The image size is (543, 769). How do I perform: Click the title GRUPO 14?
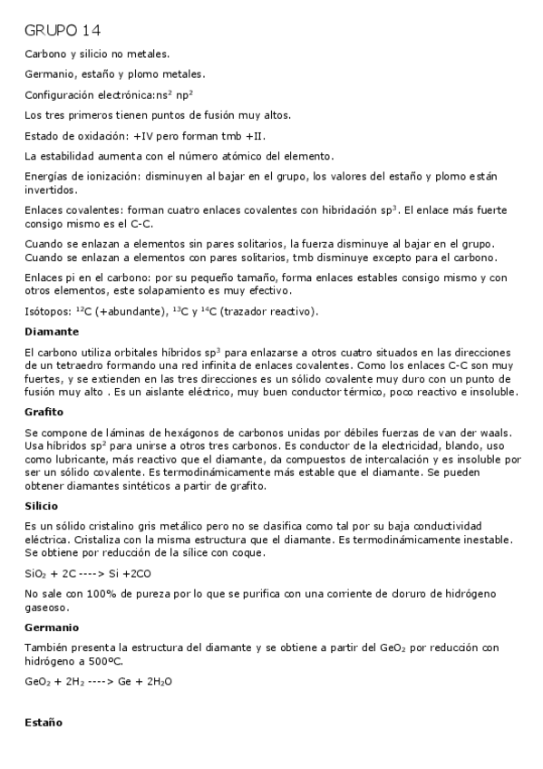click(x=63, y=31)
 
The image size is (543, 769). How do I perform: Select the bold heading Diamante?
click(x=52, y=331)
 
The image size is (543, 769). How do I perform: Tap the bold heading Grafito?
click(x=44, y=412)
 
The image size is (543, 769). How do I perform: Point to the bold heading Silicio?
click(x=42, y=505)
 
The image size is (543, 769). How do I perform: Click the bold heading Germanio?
click(x=52, y=627)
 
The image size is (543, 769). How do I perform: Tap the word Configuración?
click(x=60, y=93)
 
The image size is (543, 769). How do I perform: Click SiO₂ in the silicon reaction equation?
click(x=37, y=574)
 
